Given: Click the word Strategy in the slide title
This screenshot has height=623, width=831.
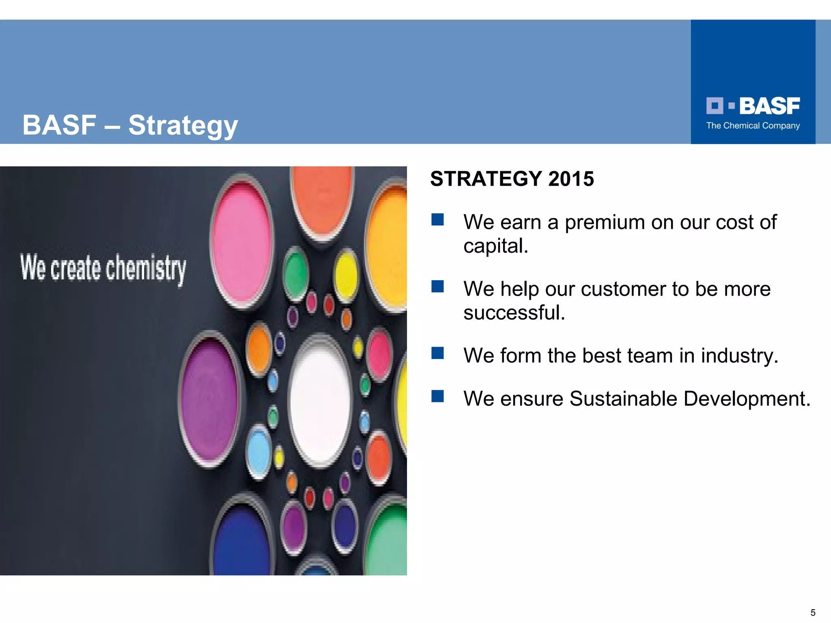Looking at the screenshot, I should [183, 125].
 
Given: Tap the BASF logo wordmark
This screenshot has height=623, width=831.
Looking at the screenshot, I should [769, 106].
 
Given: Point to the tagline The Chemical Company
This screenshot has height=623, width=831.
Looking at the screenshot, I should [753, 126].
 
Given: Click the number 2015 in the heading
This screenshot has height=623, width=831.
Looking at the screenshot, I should [571, 179].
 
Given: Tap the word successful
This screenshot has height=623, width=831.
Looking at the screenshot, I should [514, 312].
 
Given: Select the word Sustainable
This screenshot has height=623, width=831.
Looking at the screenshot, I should [623, 398].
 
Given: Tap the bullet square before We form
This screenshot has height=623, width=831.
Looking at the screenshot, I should [437, 353].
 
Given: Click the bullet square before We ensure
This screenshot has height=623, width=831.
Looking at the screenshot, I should [437, 396].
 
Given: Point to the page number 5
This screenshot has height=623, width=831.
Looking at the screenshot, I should [813, 612].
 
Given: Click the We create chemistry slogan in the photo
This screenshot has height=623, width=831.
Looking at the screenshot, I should [103, 268].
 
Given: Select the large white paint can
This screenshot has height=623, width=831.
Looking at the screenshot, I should [320, 400].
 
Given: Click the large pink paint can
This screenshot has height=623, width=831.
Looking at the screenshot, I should [242, 243].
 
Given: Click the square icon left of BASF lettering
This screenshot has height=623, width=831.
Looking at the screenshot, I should [715, 106].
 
